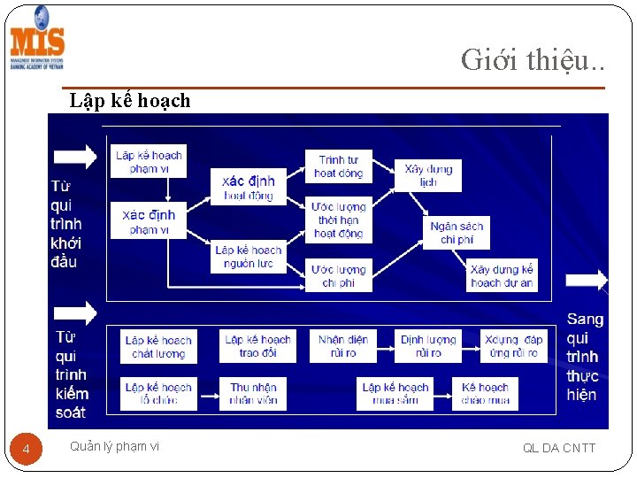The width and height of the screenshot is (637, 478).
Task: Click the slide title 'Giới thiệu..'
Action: tap(533, 59)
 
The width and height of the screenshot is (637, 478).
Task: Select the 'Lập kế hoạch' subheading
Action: tap(130, 101)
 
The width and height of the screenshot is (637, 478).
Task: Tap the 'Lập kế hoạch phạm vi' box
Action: tap(148, 162)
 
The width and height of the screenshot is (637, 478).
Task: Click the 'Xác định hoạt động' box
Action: tap(248, 188)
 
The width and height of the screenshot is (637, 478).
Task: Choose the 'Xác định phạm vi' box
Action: tap(148, 221)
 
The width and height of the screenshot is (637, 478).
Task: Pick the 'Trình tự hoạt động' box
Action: tap(338, 166)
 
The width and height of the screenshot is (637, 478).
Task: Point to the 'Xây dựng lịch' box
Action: tap(428, 175)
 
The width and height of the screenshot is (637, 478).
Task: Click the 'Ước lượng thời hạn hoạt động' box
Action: tap(338, 220)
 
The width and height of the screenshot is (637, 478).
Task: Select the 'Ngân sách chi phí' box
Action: tap(457, 233)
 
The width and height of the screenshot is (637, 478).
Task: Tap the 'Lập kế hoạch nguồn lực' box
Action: tap(248, 257)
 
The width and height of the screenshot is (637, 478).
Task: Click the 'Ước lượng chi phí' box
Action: tap(338, 275)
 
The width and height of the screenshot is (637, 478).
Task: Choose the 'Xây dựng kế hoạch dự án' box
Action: tap(502, 275)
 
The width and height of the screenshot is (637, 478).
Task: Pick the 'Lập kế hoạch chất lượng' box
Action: tap(158, 346)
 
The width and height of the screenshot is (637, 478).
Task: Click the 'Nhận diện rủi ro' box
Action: tap(343, 346)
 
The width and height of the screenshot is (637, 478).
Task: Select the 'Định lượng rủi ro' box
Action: tap(428, 346)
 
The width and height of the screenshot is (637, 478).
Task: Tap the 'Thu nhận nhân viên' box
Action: tap(253, 393)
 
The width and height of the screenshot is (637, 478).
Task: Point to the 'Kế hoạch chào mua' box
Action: tap(485, 393)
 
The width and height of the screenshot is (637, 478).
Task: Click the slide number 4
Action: tap(27, 451)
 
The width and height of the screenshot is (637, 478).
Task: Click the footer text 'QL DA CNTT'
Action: tap(559, 448)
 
